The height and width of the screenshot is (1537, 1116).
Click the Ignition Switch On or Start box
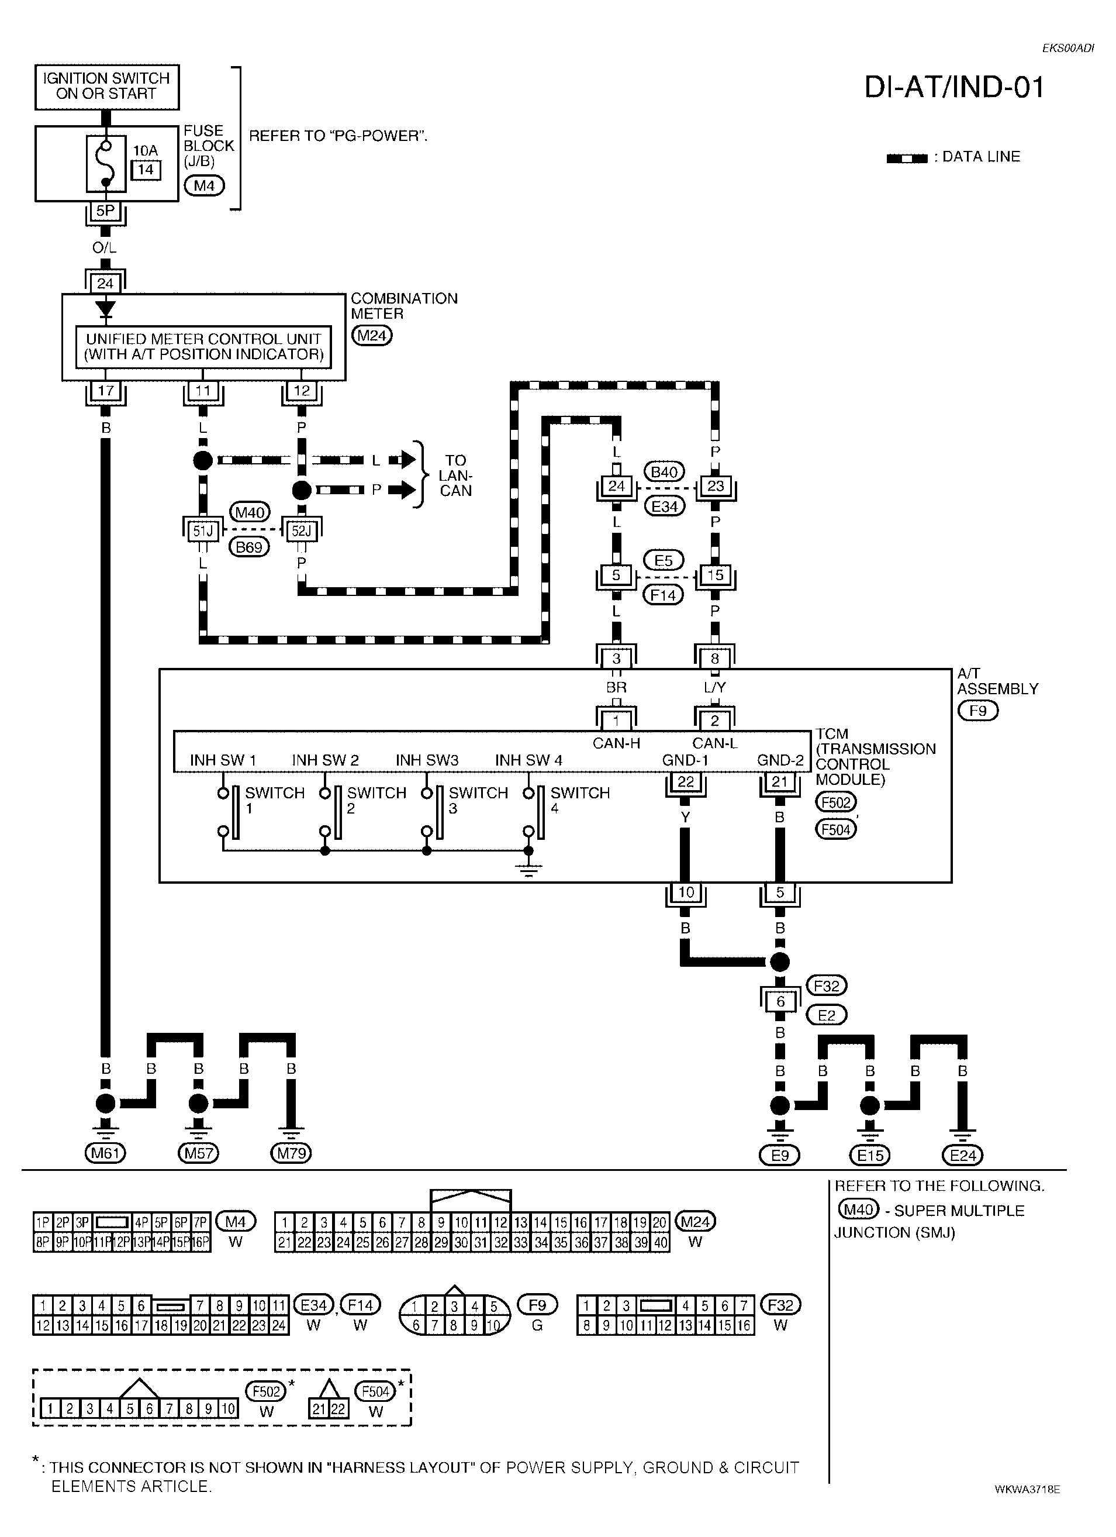coord(106,87)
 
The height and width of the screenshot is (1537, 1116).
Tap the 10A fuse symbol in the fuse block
coord(106,163)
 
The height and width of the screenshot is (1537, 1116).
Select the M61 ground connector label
coord(106,1152)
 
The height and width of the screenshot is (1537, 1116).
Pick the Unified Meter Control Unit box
coord(203,346)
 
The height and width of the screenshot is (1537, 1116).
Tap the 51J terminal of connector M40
coord(203,531)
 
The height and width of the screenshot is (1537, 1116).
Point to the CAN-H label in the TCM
coord(616,743)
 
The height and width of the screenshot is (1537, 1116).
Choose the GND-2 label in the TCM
coord(780,760)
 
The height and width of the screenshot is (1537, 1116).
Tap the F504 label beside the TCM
coord(836,829)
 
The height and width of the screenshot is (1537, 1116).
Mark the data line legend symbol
coord(907,158)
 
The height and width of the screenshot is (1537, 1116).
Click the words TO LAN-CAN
coord(455,475)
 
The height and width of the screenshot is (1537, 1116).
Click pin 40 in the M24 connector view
coord(661,1242)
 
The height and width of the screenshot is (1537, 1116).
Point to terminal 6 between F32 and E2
coord(780,1001)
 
